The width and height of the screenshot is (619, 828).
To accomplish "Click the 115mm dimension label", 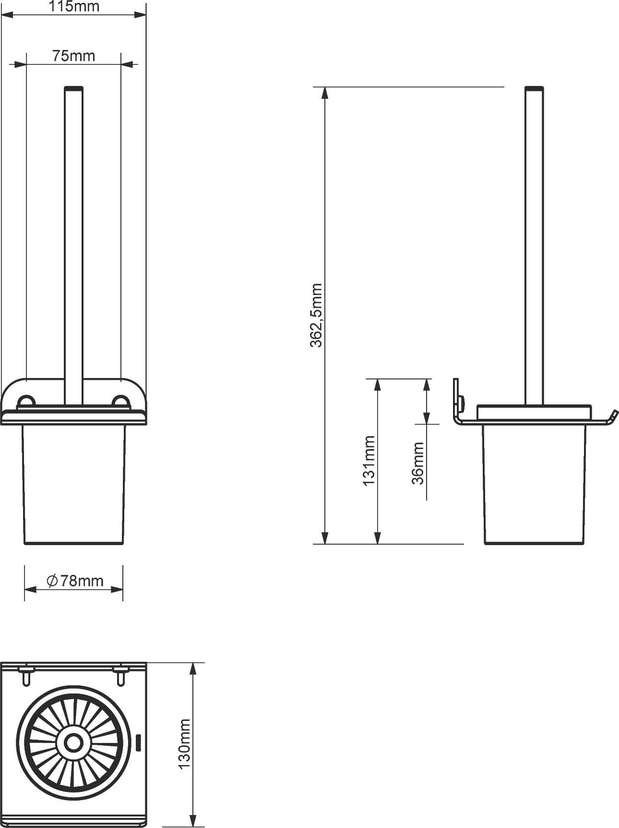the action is point(74,7).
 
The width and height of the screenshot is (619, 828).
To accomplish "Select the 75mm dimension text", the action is point(73,56).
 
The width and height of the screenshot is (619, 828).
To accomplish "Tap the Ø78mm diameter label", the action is point(75,581).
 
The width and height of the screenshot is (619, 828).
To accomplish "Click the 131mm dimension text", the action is point(369,461).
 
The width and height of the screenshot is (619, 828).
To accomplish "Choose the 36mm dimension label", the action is point(418,463).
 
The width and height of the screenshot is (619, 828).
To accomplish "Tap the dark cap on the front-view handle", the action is point(73,88).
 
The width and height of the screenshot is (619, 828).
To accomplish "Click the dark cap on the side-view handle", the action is point(534,88).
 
